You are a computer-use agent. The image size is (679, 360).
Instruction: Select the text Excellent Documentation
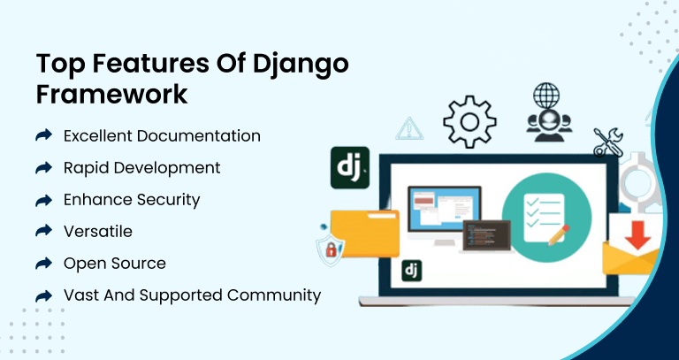click(162, 136)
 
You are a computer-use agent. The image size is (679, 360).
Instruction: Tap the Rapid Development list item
click(141, 167)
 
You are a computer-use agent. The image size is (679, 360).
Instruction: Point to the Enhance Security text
click(132, 199)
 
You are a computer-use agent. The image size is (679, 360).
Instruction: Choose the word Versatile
click(97, 231)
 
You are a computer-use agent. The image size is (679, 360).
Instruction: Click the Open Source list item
click(114, 263)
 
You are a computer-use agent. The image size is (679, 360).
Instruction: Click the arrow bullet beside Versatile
click(43, 231)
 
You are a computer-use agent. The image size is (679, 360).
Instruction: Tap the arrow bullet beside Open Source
click(43, 263)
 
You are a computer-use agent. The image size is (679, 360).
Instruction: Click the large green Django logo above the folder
click(349, 167)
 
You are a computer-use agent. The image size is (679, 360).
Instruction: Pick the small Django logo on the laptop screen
click(411, 270)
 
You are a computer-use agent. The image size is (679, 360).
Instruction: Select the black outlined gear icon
click(469, 121)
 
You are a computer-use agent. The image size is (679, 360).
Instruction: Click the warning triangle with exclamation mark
click(408, 128)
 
